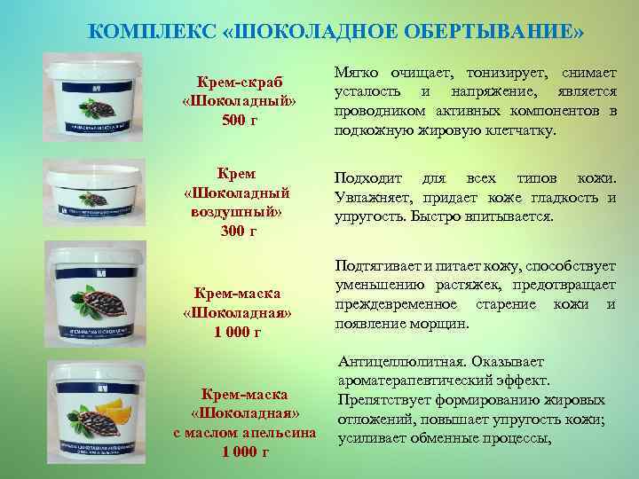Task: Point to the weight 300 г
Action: tap(237, 231)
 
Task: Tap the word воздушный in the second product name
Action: tap(237, 212)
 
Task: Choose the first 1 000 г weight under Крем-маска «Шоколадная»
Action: tap(237, 333)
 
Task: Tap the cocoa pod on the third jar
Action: tap(104, 301)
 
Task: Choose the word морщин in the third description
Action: tap(438, 324)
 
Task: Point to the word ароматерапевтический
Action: tap(415, 381)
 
